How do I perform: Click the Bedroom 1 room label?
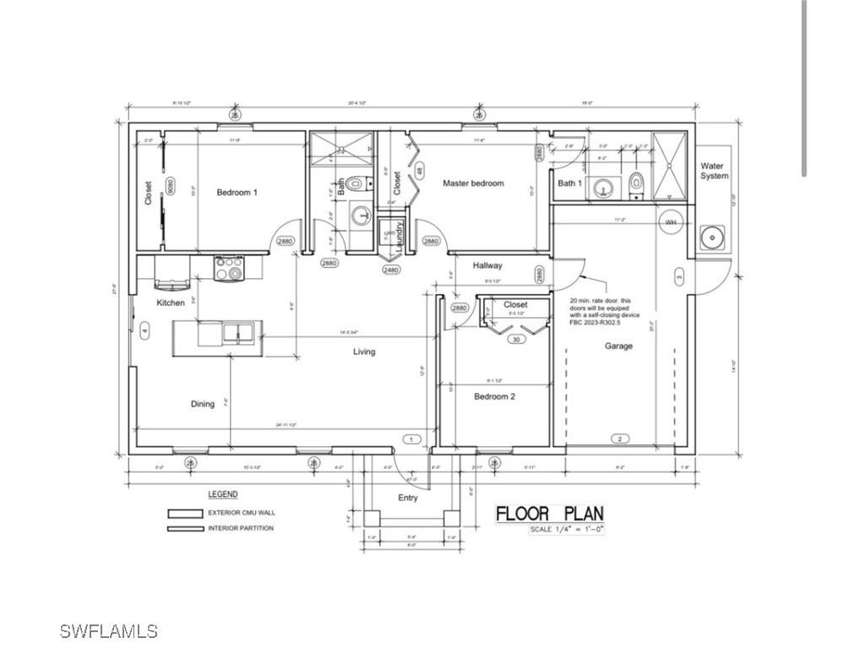[237, 193]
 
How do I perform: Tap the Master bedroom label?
[473, 183]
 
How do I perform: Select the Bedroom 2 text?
[494, 396]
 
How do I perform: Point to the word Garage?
[618, 346]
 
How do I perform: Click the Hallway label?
[487, 265]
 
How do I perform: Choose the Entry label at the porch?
[408, 498]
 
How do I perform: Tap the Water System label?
[714, 172]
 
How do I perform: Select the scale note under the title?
[567, 530]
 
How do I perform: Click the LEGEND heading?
[222, 494]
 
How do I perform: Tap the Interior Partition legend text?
[241, 529]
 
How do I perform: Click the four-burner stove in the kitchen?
[229, 268]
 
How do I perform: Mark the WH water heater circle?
[671, 222]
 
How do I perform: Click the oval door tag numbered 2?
[619, 439]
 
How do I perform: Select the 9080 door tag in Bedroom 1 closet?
[171, 187]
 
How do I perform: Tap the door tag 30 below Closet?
[516, 340]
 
